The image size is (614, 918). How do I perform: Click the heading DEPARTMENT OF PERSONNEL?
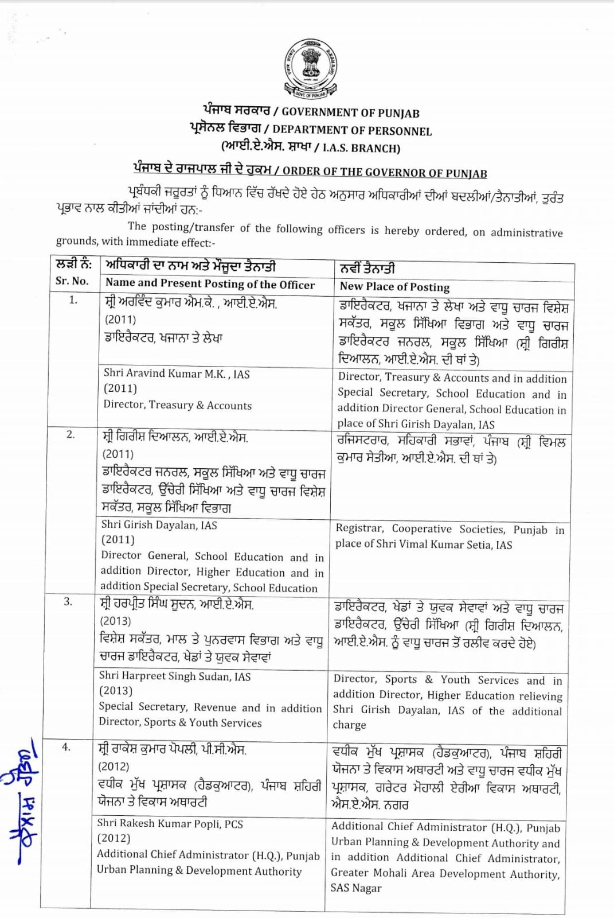coord(352,131)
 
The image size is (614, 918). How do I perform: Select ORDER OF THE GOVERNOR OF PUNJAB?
coord(385,172)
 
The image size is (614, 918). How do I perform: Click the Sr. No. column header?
coord(72,281)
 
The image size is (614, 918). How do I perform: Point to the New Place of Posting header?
coord(394,287)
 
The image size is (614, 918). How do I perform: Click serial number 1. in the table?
coord(73,300)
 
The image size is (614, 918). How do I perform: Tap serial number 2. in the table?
coord(70,434)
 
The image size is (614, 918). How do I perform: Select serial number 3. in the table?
coord(68,601)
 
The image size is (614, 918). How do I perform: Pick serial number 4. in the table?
coord(67,746)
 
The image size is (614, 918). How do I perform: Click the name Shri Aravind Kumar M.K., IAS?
coord(177,374)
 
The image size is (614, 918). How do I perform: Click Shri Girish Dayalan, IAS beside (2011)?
coord(159,524)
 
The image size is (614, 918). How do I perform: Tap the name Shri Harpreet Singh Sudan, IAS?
coord(175,676)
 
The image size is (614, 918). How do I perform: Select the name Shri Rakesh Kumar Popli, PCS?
coord(170,823)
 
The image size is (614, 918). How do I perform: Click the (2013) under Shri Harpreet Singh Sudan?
coord(116,691)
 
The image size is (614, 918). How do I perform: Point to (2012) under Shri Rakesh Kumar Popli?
coord(114,838)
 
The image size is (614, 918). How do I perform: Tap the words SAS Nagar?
coord(356,888)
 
